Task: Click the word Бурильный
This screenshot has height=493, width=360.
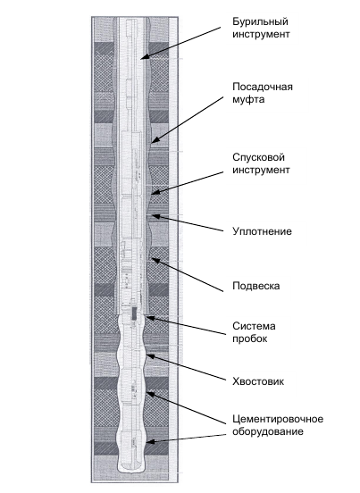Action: pyautogui.click(x=260, y=22)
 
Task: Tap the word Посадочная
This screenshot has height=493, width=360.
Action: pyautogui.click(x=263, y=87)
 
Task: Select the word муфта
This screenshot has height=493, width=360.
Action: pyautogui.click(x=248, y=100)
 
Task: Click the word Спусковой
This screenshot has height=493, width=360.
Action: pyautogui.click(x=258, y=157)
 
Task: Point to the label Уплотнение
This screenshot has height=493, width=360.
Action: pyautogui.click(x=263, y=231)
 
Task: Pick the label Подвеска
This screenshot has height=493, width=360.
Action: pyautogui.click(x=255, y=286)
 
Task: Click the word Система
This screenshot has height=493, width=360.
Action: pyautogui.click(x=254, y=326)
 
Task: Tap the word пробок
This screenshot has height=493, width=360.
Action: pyautogui.click(x=250, y=339)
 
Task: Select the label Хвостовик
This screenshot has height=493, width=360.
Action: pyautogui.click(x=258, y=381)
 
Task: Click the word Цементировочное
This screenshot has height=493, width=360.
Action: pyautogui.click(x=278, y=420)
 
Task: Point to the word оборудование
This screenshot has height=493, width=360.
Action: pyautogui.click(x=268, y=431)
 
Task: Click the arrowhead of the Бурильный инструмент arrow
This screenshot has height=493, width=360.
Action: pyautogui.click(x=145, y=56)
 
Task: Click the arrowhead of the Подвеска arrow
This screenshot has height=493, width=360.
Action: pyautogui.click(x=155, y=260)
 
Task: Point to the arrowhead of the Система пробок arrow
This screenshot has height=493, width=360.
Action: pyautogui.click(x=151, y=318)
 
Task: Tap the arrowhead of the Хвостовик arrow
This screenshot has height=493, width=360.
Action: pyautogui.click(x=151, y=356)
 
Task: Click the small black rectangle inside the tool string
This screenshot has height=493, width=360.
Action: pyautogui.click(x=134, y=313)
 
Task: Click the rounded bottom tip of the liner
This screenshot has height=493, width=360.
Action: pyautogui.click(x=131, y=471)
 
